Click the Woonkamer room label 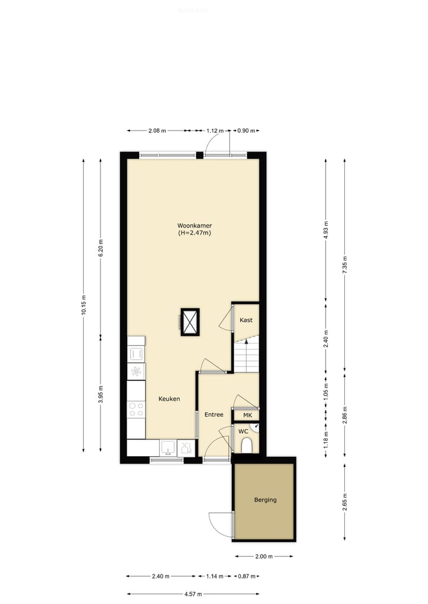pyautogui.click(x=194, y=226)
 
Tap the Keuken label pyautogui.click(x=169, y=399)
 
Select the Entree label pyautogui.click(x=213, y=415)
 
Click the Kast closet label pyautogui.click(x=246, y=320)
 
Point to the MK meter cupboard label pyautogui.click(x=247, y=415)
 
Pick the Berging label pyautogui.click(x=265, y=500)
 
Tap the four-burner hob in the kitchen pyautogui.click(x=137, y=409)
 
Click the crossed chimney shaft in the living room pyautogui.click(x=190, y=322)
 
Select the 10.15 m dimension pyautogui.click(x=84, y=306)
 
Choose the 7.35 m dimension pyautogui.click(x=345, y=264)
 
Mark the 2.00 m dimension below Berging pyautogui.click(x=265, y=556)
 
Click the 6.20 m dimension pyautogui.click(x=100, y=246)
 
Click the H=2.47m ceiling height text pyautogui.click(x=194, y=233)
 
